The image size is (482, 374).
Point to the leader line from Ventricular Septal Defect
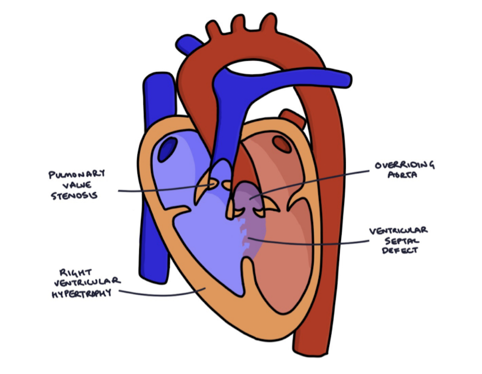click(309, 241)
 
